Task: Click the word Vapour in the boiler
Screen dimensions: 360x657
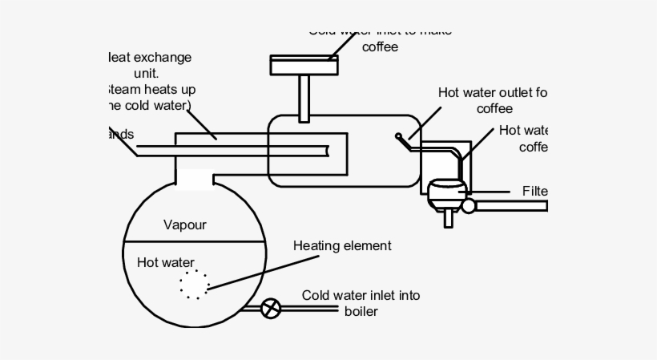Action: tap(185, 224)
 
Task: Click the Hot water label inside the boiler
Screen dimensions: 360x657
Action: tap(165, 261)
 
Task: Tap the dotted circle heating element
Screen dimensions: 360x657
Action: tap(194, 285)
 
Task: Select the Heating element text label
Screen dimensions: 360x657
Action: tap(342, 246)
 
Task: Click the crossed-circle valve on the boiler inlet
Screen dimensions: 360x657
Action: tap(272, 307)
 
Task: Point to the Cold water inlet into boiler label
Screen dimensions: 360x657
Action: tap(361, 296)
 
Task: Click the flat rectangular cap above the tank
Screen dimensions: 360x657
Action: tap(304, 65)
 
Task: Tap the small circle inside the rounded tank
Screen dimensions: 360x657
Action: tap(399, 136)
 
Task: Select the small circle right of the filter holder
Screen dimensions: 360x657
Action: tap(469, 206)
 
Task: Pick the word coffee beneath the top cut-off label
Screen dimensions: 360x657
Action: tap(380, 47)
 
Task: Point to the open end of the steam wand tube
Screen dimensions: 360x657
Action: tap(329, 150)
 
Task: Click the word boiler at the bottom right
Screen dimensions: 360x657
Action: tap(361, 311)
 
